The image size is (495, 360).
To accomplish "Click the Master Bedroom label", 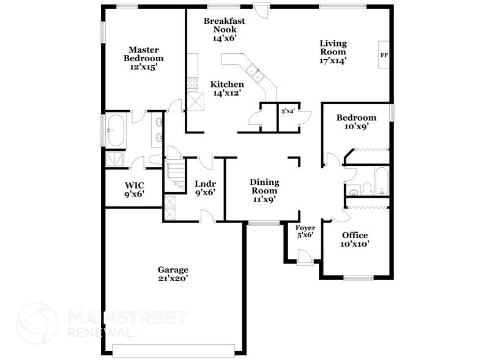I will click(x=144, y=58).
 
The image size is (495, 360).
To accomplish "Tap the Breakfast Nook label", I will click(x=225, y=29).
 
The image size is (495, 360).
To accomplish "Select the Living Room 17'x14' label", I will click(x=333, y=52).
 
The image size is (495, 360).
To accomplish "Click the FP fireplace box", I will click(x=384, y=56).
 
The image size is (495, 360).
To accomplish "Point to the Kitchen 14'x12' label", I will click(x=227, y=89).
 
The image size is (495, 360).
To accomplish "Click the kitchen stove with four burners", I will click(x=192, y=83).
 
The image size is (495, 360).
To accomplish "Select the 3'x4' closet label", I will click(x=288, y=111).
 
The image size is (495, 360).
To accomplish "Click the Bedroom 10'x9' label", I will click(x=356, y=122).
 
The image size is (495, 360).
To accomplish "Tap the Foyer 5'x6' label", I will click(x=305, y=231).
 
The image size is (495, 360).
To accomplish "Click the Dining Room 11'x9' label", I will click(x=265, y=190).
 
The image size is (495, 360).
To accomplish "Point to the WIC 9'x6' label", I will click(x=134, y=190).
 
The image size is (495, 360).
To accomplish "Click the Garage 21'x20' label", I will click(x=173, y=274).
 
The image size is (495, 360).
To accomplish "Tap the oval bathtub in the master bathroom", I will click(x=116, y=132).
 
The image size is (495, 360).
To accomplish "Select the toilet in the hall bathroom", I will click(x=366, y=187).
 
